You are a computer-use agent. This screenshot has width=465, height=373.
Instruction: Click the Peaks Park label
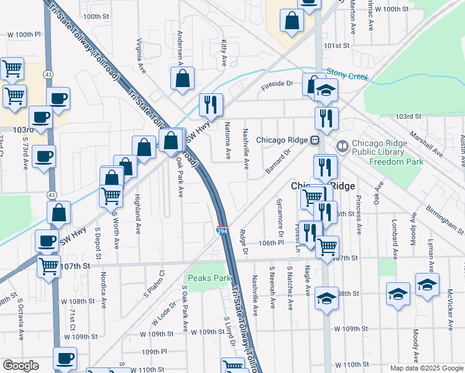pyautogui.click(x=205, y=278)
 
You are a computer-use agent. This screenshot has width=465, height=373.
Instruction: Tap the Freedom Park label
pyautogui.click(x=396, y=162)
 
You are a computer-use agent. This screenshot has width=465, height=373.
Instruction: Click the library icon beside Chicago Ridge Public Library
pyautogui.click(x=341, y=147)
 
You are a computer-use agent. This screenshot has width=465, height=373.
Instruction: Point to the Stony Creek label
pyautogui.click(x=348, y=75)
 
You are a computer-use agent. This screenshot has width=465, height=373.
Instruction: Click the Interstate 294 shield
pyautogui.click(x=223, y=231)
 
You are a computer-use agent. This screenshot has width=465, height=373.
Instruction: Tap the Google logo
pyautogui.click(x=21, y=366)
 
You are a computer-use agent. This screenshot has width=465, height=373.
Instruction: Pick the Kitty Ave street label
pyautogui.click(x=224, y=53)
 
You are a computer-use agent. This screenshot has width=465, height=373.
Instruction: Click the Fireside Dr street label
pyautogui.click(x=277, y=83)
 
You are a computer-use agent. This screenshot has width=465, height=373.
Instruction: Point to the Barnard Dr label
pyautogui.click(x=279, y=161)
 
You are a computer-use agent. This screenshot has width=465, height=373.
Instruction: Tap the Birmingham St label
pyautogui.click(x=445, y=219)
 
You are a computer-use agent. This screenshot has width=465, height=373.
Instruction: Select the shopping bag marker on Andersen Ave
pyautogui.click(x=182, y=79)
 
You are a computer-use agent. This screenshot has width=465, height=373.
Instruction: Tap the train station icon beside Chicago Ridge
pyautogui.click(x=315, y=140)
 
